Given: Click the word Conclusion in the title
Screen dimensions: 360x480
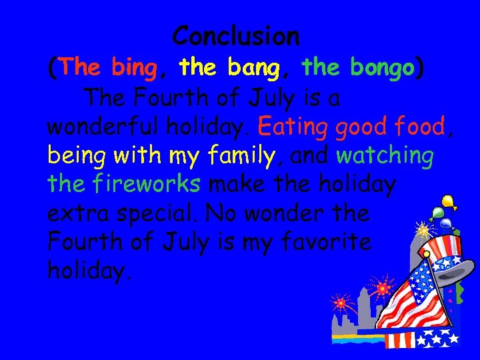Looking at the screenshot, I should [236, 35].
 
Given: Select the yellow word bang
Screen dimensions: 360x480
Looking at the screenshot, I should [258, 67].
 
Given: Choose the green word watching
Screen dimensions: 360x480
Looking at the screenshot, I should [385, 157].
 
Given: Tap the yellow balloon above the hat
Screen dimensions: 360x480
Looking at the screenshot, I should [447, 201].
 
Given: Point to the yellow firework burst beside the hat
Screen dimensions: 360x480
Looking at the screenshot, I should [423, 231].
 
